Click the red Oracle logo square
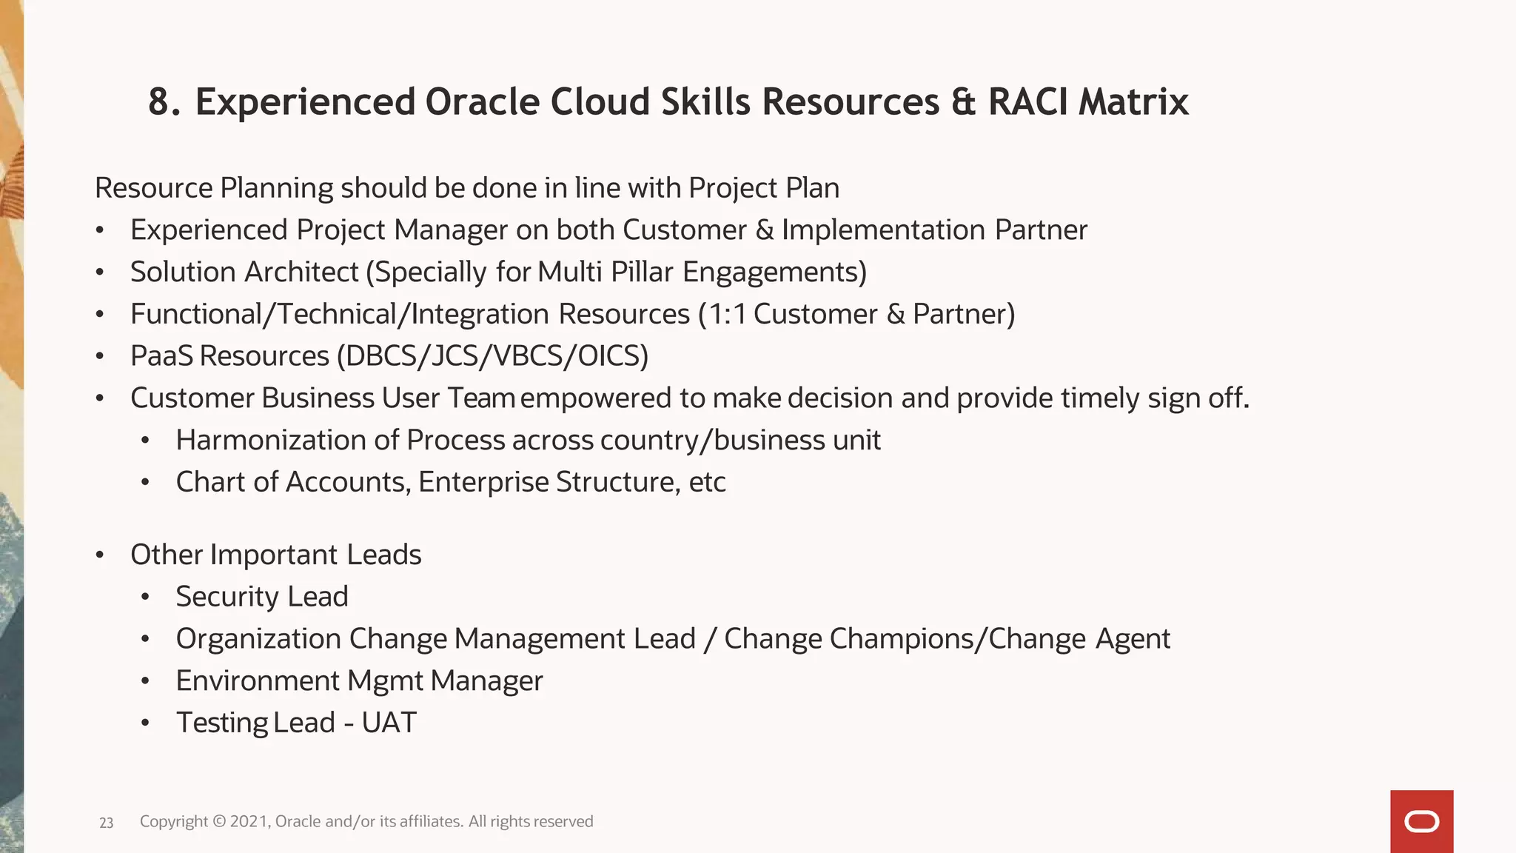click(x=1421, y=821)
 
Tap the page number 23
click(x=106, y=823)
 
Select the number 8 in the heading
click(x=159, y=101)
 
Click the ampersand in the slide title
click(x=963, y=101)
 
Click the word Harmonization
click(x=270, y=440)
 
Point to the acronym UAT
click(x=389, y=723)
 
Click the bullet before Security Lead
click(x=146, y=597)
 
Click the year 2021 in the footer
click(x=250, y=821)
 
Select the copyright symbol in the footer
click(x=219, y=821)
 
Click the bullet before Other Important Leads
click(x=100, y=555)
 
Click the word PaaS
click(x=161, y=356)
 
